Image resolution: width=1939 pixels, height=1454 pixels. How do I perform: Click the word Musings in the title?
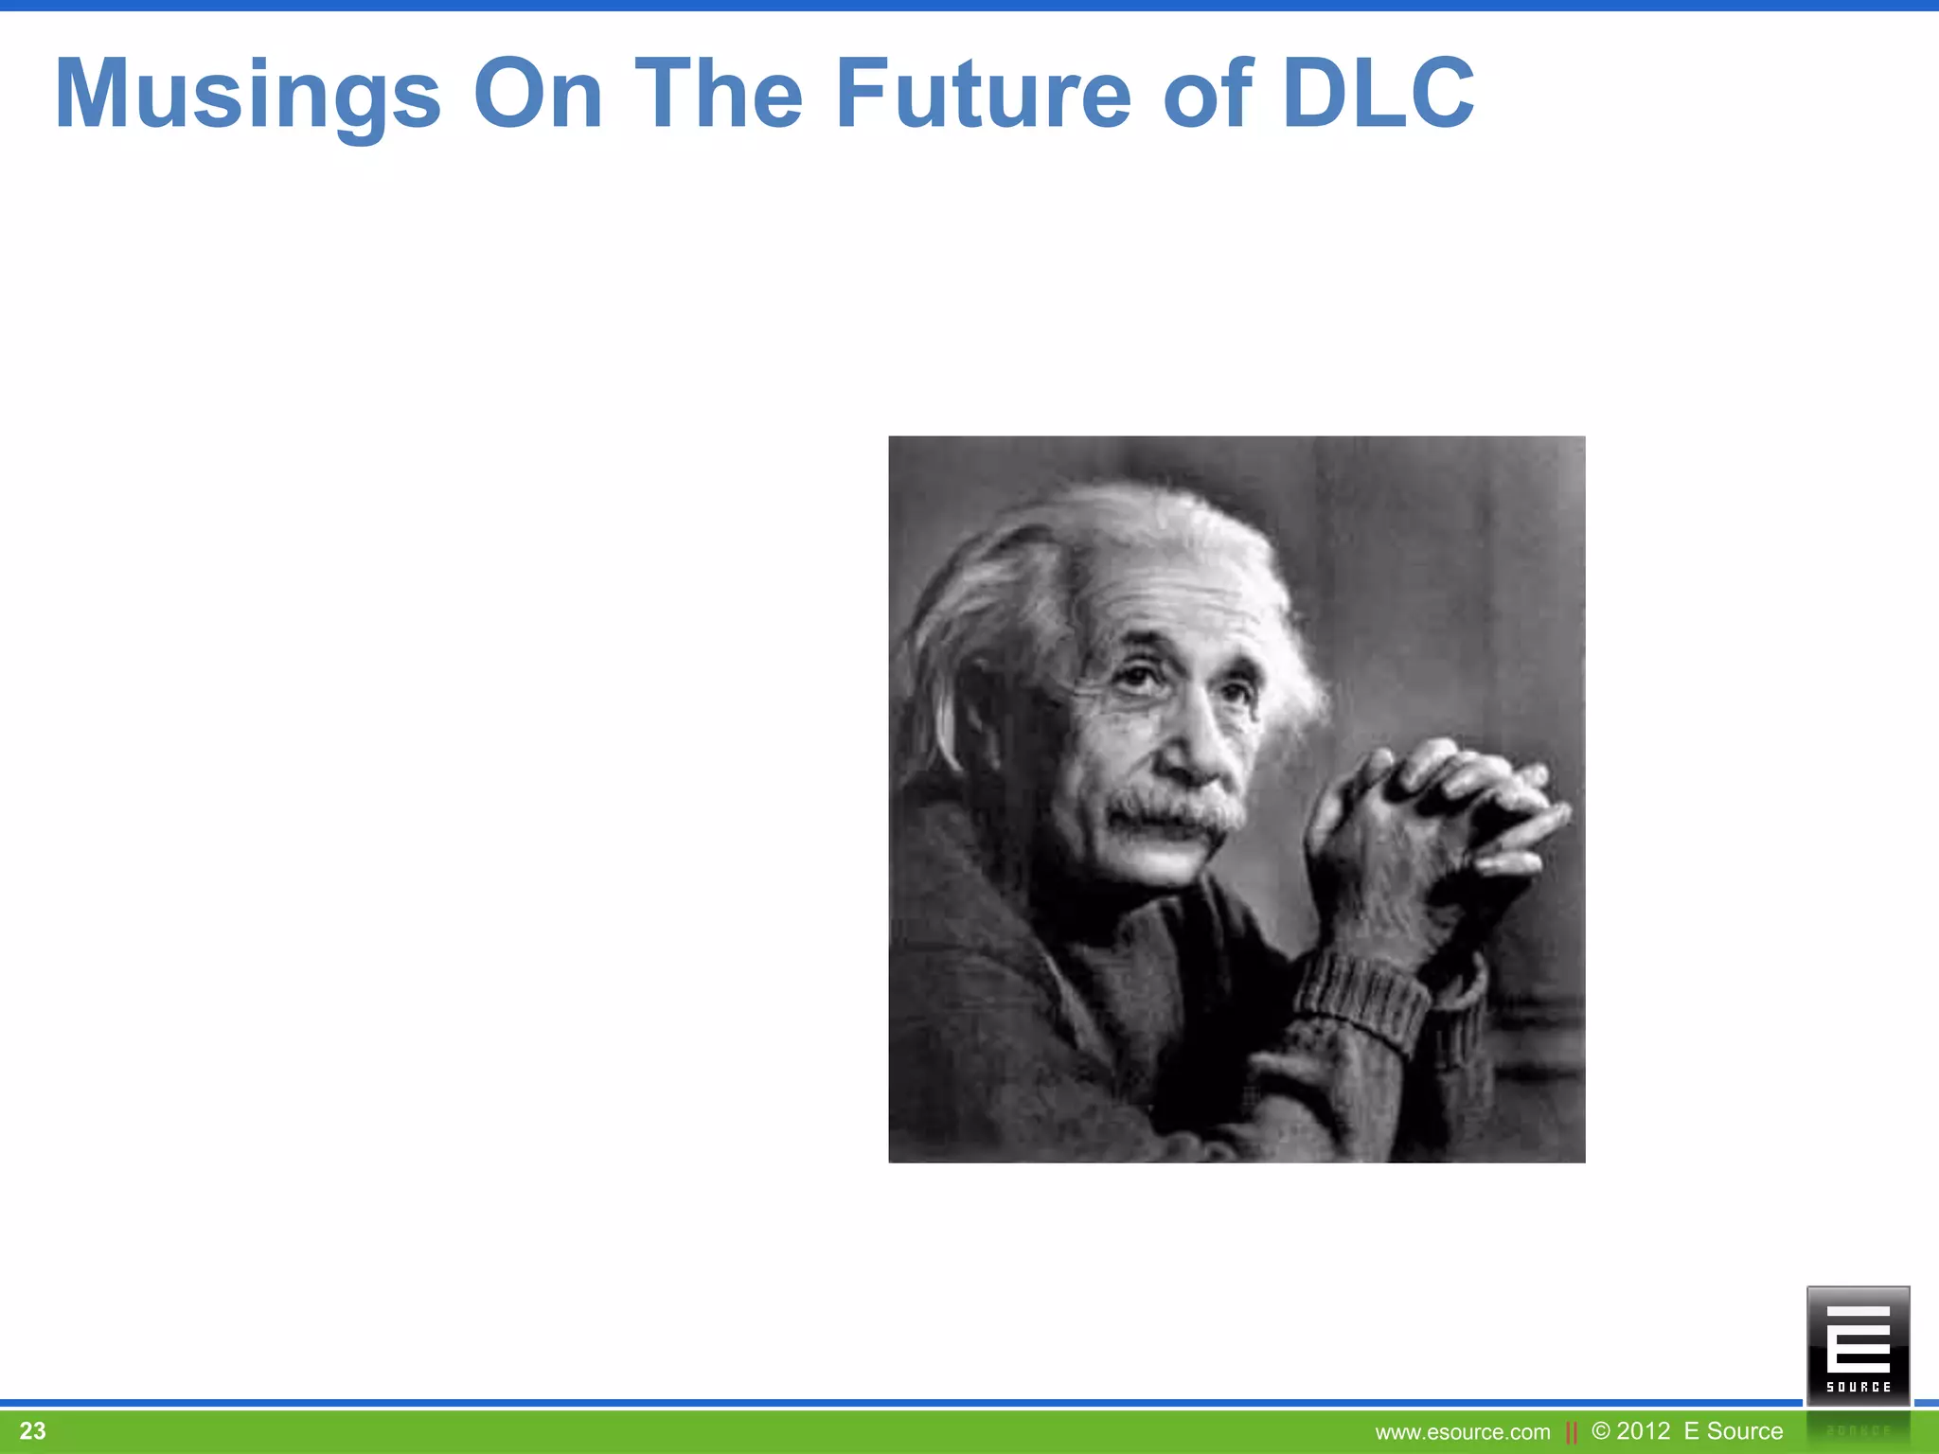point(248,94)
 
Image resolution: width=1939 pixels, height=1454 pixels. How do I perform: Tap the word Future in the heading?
point(983,94)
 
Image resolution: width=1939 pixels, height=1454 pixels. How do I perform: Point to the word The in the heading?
point(719,94)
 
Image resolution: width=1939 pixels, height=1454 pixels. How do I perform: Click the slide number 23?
point(32,1430)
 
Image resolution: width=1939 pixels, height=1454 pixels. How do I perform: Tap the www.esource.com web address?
point(1462,1432)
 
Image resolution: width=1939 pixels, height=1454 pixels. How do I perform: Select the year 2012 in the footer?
point(1644,1430)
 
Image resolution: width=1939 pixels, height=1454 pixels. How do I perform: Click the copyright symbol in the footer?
point(1601,1430)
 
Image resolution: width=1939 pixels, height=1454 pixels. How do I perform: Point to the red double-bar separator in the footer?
point(1572,1432)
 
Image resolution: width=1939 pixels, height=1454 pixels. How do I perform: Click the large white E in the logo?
point(1858,1339)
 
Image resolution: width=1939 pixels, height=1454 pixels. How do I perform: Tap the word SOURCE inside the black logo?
point(1858,1387)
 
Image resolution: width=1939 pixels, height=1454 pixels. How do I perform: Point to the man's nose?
point(1195,748)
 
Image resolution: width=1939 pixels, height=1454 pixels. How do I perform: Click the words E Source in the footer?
point(1733,1430)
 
